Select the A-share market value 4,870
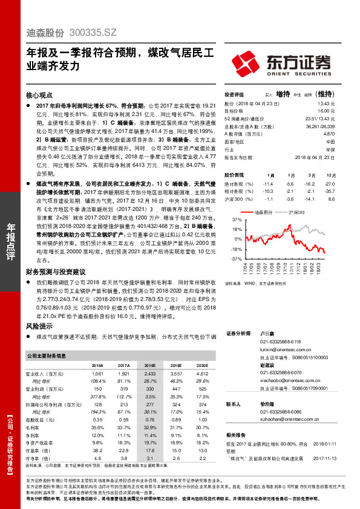click(327, 135)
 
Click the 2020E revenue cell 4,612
click(202, 374)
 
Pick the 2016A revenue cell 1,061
click(97, 374)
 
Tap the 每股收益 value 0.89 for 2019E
click(176, 418)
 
